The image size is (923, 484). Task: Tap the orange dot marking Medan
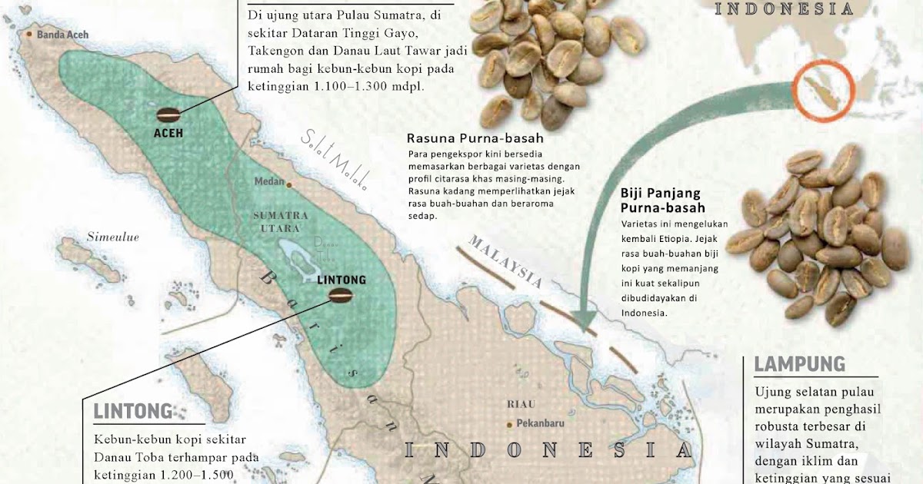pyautogui.click(x=289, y=184)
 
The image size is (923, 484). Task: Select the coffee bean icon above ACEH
pyautogui.click(x=168, y=115)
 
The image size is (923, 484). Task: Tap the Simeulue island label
pyautogui.click(x=112, y=237)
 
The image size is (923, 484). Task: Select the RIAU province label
pyautogui.click(x=521, y=404)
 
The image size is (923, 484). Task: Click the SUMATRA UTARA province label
pyautogui.click(x=281, y=221)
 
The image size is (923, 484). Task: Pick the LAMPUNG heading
pyautogui.click(x=799, y=364)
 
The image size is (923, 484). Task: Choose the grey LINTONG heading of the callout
pyautogui.click(x=133, y=412)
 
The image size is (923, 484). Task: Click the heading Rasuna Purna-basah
pyautogui.click(x=475, y=139)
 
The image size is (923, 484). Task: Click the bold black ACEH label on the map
pyautogui.click(x=168, y=133)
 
